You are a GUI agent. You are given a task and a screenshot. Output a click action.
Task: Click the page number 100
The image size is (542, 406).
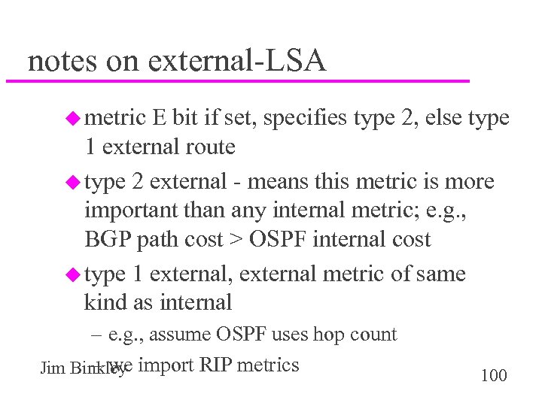(x=493, y=375)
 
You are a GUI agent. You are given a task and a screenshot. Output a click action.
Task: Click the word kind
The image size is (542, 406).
(x=103, y=303)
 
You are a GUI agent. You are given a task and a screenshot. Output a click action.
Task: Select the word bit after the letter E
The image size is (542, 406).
(x=184, y=117)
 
